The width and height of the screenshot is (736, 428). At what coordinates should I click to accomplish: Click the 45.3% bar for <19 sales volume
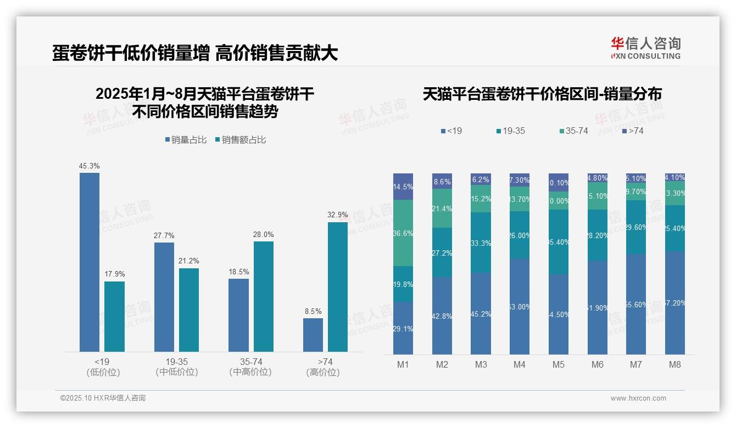pyautogui.click(x=90, y=262)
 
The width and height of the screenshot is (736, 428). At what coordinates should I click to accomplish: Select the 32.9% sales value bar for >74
pyautogui.click(x=338, y=286)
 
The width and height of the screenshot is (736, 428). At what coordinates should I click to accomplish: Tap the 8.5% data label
pyautogui.click(x=313, y=311)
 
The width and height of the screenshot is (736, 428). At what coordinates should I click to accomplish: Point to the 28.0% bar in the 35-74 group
pyautogui.click(x=264, y=296)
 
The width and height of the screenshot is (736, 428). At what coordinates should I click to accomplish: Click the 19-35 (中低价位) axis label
pyautogui.click(x=177, y=367)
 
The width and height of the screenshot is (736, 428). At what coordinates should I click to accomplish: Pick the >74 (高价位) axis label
pyautogui.click(x=325, y=367)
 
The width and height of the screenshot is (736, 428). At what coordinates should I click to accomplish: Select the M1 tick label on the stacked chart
pyautogui.click(x=403, y=364)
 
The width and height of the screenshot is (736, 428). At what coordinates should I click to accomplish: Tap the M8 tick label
pyautogui.click(x=675, y=364)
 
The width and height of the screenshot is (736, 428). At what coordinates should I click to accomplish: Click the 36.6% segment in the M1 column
pyautogui.click(x=403, y=233)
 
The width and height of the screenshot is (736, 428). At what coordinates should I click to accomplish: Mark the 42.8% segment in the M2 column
pyautogui.click(x=442, y=316)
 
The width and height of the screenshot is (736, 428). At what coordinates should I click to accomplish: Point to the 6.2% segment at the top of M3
pyautogui.click(x=481, y=179)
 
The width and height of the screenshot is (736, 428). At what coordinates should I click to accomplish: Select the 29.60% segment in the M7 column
pyautogui.click(x=636, y=227)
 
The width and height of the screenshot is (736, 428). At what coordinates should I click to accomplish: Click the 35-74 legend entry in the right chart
pyautogui.click(x=573, y=131)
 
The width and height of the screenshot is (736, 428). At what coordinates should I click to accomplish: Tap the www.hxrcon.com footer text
pyautogui.click(x=638, y=398)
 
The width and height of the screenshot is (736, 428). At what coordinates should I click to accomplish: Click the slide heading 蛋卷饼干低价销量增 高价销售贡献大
pyautogui.click(x=195, y=53)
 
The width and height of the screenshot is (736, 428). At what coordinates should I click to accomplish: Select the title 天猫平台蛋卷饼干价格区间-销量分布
pyautogui.click(x=542, y=94)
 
